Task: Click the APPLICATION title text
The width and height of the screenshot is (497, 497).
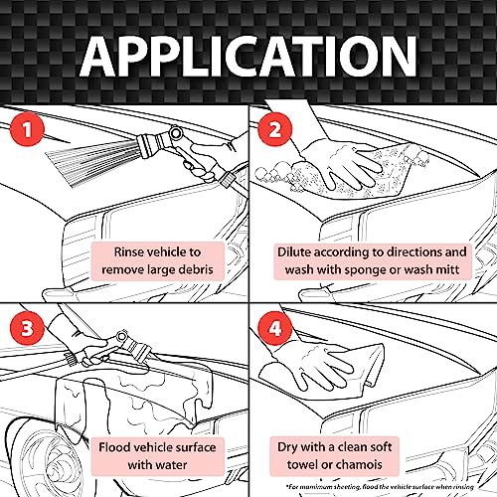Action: click(x=248, y=56)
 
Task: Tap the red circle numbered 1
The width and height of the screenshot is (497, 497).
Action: click(x=27, y=129)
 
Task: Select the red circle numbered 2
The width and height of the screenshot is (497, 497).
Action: click(x=274, y=129)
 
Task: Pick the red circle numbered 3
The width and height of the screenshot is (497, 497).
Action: click(x=27, y=328)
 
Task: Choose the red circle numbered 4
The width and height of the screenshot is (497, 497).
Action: click(x=274, y=328)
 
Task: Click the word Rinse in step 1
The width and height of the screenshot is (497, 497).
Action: click(x=129, y=252)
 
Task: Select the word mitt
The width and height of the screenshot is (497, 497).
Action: click(x=448, y=269)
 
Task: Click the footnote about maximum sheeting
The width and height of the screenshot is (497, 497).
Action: click(x=381, y=487)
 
